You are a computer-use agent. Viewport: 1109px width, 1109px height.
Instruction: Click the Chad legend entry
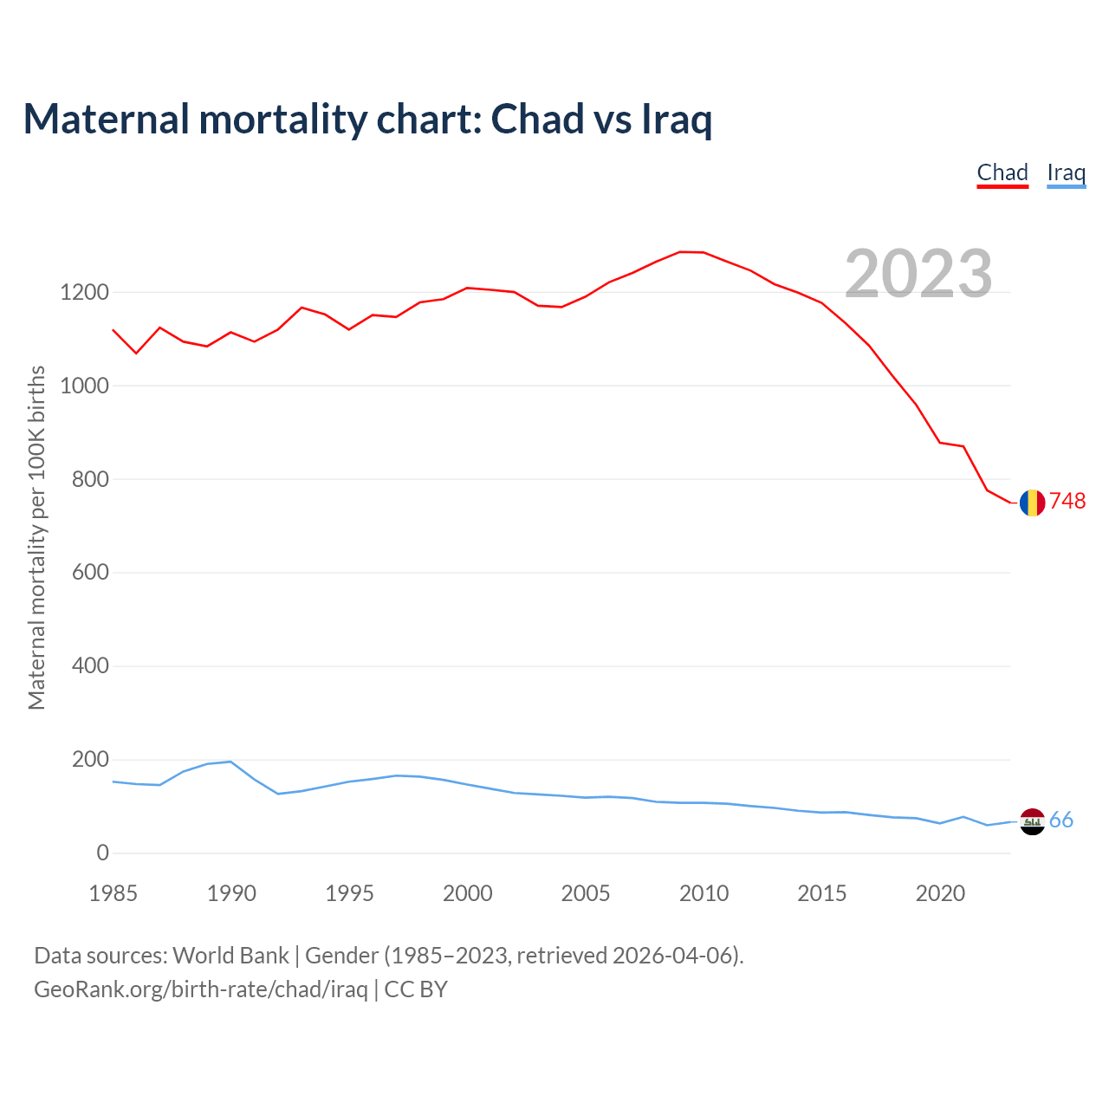pyautogui.click(x=1002, y=172)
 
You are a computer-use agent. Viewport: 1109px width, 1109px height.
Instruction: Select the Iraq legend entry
pyautogui.click(x=1066, y=172)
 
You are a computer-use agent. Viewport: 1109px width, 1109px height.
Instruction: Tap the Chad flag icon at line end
pyautogui.click(x=1032, y=503)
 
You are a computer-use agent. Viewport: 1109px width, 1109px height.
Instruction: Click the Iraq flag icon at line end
pyautogui.click(x=1032, y=821)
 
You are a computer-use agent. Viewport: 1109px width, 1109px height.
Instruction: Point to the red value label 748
pyautogui.click(x=1067, y=502)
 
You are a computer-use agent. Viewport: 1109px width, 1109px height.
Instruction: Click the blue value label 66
pyautogui.click(x=1061, y=820)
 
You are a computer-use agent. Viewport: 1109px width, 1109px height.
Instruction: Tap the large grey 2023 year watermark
pyautogui.click(x=918, y=274)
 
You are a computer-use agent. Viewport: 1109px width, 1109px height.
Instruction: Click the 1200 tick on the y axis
pyautogui.click(x=84, y=293)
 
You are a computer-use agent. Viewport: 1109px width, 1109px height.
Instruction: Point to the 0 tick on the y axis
pyautogui.click(x=103, y=853)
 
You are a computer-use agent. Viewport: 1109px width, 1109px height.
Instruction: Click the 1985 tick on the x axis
pyautogui.click(x=113, y=893)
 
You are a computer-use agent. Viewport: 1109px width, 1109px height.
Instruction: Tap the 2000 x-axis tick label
pyautogui.click(x=468, y=893)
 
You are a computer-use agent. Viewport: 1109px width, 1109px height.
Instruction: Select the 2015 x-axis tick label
pyautogui.click(x=821, y=893)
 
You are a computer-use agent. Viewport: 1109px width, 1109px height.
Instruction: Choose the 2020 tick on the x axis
pyautogui.click(x=940, y=893)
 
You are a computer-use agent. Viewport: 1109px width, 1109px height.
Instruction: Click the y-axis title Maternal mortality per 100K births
pyautogui.click(x=36, y=537)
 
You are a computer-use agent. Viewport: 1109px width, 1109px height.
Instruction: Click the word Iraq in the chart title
pyautogui.click(x=677, y=120)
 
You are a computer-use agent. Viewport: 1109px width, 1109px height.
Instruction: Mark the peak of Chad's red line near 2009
pyautogui.click(x=681, y=252)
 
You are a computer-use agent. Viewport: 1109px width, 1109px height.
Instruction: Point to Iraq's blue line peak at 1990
pyautogui.click(x=230, y=762)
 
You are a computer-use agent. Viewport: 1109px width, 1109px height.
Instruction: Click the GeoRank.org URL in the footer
pyautogui.click(x=201, y=989)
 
